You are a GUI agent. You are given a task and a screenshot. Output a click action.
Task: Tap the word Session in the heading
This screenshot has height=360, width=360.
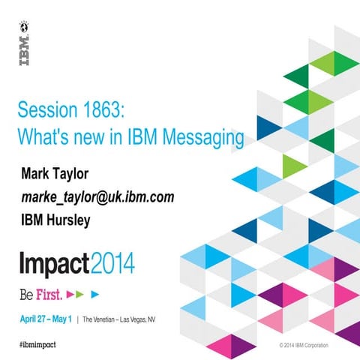tap(47, 113)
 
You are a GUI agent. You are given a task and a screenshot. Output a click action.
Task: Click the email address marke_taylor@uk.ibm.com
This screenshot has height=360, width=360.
tap(97, 197)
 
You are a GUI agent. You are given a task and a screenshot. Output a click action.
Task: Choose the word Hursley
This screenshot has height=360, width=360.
tap(73, 220)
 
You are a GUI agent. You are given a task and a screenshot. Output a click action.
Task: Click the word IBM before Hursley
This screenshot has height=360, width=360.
tap(34, 220)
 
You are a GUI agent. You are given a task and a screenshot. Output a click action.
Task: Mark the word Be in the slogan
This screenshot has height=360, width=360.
tap(28, 291)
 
